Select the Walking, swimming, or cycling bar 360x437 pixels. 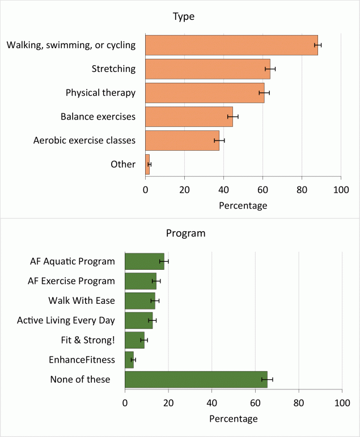(x=231, y=45)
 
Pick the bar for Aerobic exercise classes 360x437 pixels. (x=182, y=140)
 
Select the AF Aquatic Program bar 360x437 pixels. (x=144, y=261)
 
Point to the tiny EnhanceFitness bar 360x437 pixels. (x=129, y=359)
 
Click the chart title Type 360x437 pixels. (x=183, y=16)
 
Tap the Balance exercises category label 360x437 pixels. (x=98, y=117)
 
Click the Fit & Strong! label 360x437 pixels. (x=89, y=340)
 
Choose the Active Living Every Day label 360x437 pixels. (x=66, y=320)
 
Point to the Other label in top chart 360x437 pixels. (x=123, y=164)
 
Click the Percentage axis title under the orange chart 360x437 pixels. (x=243, y=206)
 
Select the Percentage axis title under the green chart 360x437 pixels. (x=233, y=419)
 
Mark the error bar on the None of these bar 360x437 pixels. (x=267, y=379)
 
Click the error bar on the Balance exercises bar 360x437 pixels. (x=233, y=116)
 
